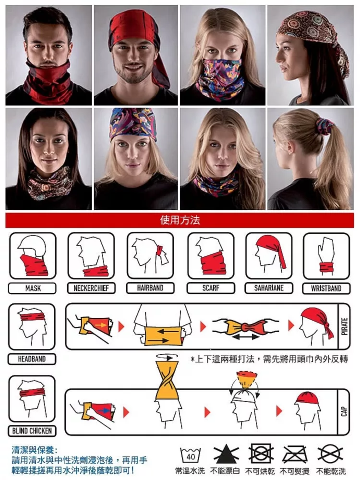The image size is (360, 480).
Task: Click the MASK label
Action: tap(33, 288)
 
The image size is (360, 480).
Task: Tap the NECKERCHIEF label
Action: tap(91, 288)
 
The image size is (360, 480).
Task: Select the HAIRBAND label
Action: tap(150, 288)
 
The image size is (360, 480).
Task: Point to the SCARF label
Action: tap(211, 288)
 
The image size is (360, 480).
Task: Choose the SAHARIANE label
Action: tap(269, 288)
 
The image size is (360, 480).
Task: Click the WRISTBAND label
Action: tap(326, 288)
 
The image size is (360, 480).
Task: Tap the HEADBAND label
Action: tap(32, 359)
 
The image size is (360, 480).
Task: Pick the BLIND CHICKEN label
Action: tap(32, 431)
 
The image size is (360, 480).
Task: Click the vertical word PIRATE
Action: tap(344, 326)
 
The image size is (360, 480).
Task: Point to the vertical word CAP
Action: tap(344, 412)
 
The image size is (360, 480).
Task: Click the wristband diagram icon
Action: tap(326, 256)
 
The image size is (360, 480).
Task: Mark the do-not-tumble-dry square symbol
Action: tap(261, 454)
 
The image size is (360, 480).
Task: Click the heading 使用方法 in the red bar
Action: tap(180, 220)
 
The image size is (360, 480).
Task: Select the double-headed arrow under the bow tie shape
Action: tap(246, 337)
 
